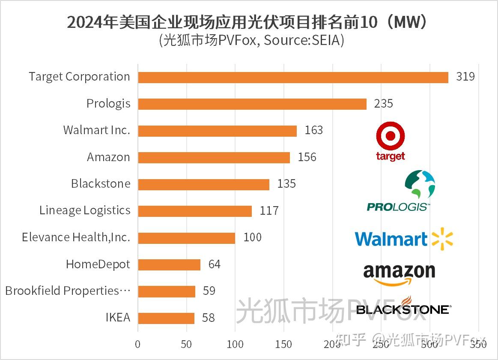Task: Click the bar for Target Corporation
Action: pyautogui.click(x=293, y=77)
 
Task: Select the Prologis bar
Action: pyautogui.click(x=252, y=104)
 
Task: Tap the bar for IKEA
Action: pyautogui.click(x=166, y=318)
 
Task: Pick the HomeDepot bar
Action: pyautogui.click(x=169, y=264)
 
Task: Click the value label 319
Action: pyautogui.click(x=465, y=77)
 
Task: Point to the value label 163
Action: pyautogui.click(x=313, y=130)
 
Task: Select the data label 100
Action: pyautogui.click(x=252, y=237)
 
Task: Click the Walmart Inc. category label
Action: pyautogui.click(x=96, y=130)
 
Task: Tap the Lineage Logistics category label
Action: pyautogui.click(x=85, y=210)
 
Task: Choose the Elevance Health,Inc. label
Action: pyautogui.click(x=76, y=237)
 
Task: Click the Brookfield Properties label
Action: pyautogui.click(x=67, y=291)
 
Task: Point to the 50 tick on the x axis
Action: pyautogui.click(x=186, y=344)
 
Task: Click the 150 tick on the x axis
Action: pyautogui.click(x=283, y=344)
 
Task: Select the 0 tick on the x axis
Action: pyautogui.click(x=137, y=344)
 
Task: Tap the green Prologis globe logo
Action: pyautogui.click(x=420, y=185)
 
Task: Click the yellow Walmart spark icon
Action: pyautogui.click(x=442, y=239)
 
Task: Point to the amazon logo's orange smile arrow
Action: pyautogui.click(x=392, y=281)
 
